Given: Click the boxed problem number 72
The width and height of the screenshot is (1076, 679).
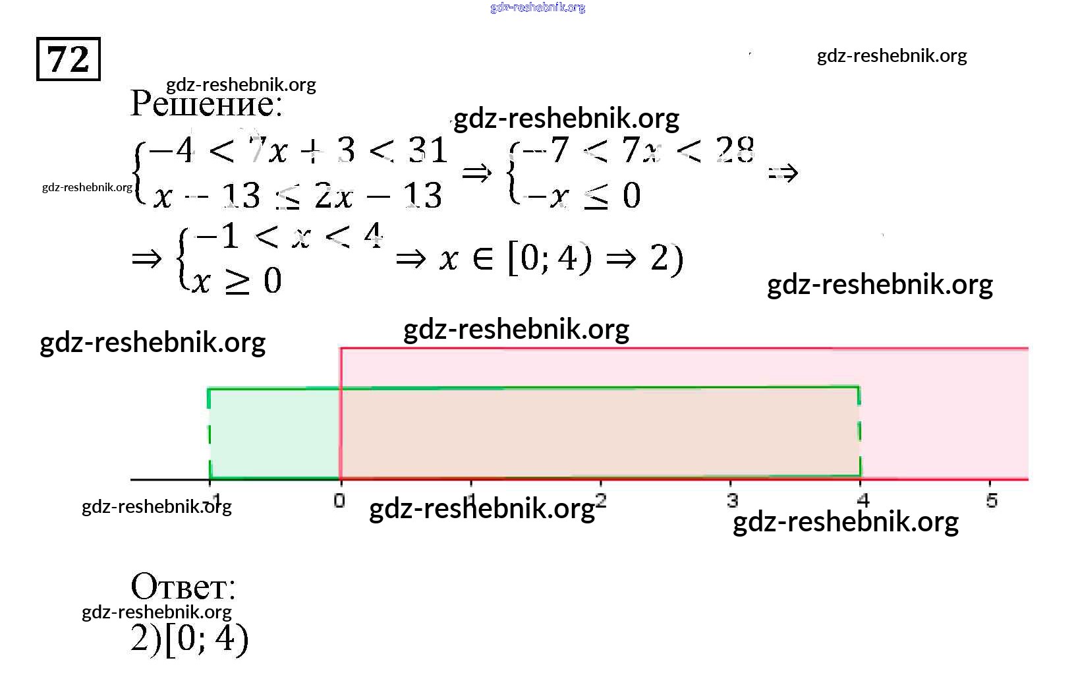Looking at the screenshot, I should [68, 59].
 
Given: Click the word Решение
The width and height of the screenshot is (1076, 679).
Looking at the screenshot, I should [206, 104].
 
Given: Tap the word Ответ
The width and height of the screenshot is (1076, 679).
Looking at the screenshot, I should [183, 586].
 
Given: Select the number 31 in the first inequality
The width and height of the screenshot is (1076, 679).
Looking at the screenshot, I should [428, 151].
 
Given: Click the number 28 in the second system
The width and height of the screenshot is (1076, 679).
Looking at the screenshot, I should [735, 150].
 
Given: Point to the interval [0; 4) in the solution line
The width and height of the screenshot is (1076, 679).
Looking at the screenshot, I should [550, 258].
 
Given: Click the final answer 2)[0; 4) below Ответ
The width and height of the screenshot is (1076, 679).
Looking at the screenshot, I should [189, 639].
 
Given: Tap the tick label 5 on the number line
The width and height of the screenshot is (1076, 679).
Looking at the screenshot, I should [992, 501].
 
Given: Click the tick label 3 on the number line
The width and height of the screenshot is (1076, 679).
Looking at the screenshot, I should [732, 500].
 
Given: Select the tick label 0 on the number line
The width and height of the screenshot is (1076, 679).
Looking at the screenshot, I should [339, 500].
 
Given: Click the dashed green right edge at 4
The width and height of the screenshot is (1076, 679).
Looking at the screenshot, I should [860, 432].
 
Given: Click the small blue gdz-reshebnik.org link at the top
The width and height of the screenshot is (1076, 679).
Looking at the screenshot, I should [538, 7].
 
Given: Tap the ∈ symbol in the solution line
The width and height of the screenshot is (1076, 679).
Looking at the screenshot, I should [483, 258].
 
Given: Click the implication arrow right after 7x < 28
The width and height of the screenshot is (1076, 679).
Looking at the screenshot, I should [783, 173].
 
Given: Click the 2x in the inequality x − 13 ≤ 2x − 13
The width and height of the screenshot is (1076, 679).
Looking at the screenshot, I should [334, 196].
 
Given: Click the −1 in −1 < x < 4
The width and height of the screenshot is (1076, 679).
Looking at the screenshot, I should [219, 236].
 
